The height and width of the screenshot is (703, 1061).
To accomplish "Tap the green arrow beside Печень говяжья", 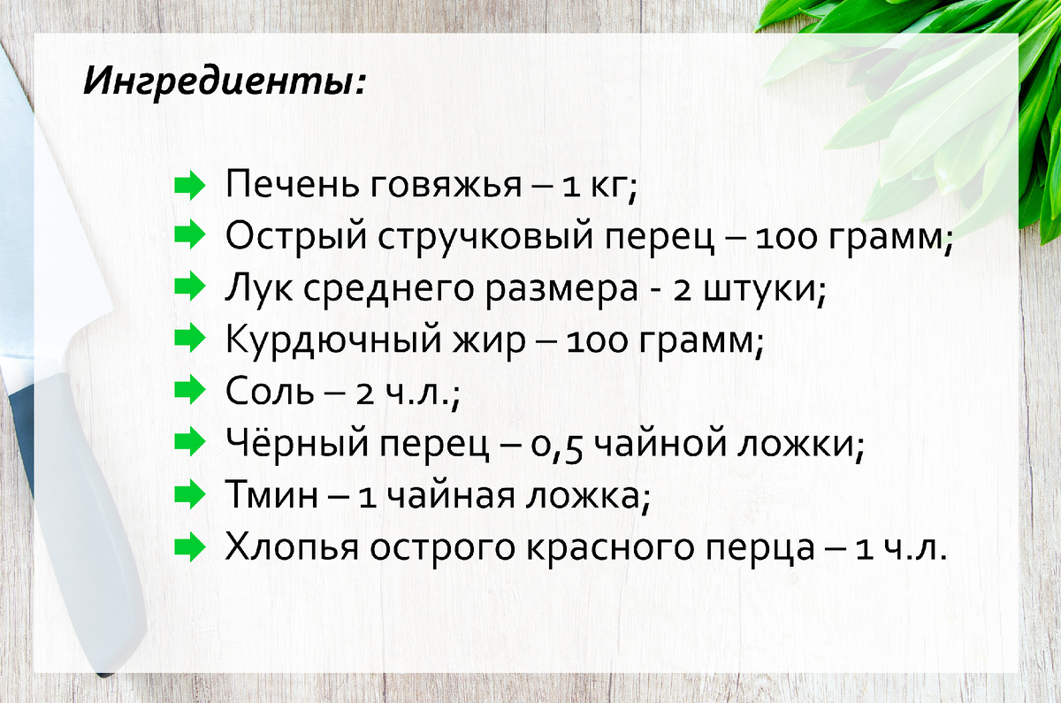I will tap(188, 187).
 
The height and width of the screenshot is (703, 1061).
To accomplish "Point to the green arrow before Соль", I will tap(188, 390).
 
